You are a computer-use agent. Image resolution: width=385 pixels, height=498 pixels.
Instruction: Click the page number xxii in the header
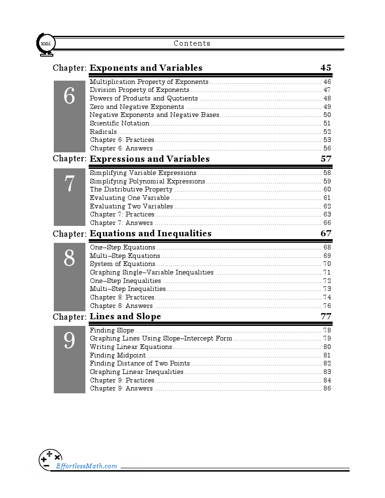click(x=46, y=44)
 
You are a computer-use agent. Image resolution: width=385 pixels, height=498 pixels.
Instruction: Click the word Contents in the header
click(x=192, y=43)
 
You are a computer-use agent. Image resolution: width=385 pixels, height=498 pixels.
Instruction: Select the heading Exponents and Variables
click(x=146, y=68)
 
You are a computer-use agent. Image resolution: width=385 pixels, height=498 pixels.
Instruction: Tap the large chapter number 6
click(x=69, y=97)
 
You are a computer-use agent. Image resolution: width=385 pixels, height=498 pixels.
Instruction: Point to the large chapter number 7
click(x=69, y=183)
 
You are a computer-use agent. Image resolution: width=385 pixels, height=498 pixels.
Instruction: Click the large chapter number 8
click(x=69, y=258)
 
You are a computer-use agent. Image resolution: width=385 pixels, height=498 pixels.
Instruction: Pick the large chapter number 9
click(x=69, y=341)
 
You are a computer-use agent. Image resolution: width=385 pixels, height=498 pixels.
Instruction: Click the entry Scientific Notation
click(x=119, y=124)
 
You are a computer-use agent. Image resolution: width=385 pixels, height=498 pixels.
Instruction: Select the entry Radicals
click(x=103, y=132)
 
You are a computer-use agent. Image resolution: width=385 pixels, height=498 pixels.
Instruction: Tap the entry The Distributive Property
click(x=131, y=190)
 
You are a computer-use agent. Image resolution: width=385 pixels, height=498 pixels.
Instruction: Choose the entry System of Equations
click(x=122, y=264)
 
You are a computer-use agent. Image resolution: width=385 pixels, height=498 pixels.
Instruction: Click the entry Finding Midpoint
click(x=117, y=356)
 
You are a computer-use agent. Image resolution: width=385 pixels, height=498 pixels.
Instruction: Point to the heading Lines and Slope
click(x=125, y=316)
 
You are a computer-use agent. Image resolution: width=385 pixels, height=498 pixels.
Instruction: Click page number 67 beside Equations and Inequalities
click(x=326, y=233)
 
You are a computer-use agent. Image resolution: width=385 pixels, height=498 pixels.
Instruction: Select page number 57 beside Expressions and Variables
click(x=326, y=159)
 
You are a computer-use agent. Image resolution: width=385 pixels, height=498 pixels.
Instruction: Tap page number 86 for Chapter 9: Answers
click(x=327, y=389)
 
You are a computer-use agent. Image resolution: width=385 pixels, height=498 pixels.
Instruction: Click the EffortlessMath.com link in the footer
click(x=86, y=466)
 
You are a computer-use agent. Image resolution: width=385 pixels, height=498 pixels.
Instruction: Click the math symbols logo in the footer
click(x=50, y=459)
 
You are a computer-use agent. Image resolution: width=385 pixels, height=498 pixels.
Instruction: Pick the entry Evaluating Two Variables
click(x=131, y=207)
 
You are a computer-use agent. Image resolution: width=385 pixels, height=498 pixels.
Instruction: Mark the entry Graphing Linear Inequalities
click(x=136, y=372)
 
